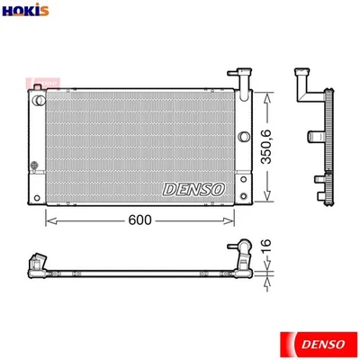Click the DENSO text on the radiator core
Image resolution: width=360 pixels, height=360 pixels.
pos(194,189)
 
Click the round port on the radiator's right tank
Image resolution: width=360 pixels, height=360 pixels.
pos(243,137)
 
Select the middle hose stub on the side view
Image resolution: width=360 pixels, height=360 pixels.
pos(317,137)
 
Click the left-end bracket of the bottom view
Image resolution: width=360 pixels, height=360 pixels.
pos(37,263)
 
